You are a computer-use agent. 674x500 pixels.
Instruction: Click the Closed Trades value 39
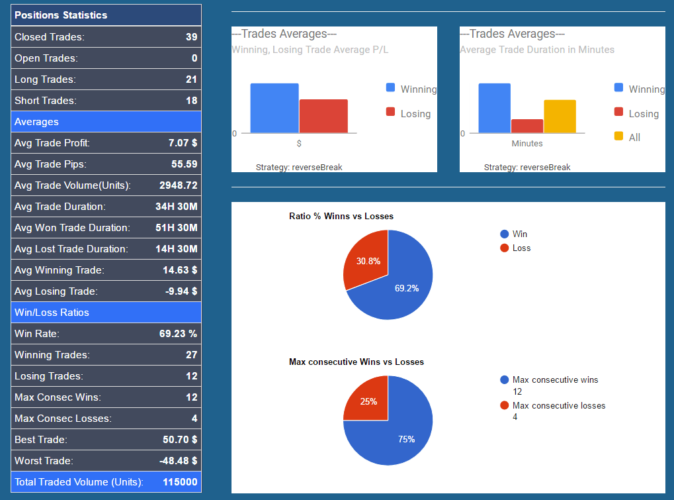(191, 37)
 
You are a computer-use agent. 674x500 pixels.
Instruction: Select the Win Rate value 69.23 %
(178, 334)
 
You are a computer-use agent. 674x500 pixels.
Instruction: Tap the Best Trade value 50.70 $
(180, 440)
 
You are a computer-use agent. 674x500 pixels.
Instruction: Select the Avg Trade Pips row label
(50, 164)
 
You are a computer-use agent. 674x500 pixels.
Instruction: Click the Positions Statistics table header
(61, 15)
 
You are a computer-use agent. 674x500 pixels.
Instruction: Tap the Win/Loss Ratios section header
(52, 313)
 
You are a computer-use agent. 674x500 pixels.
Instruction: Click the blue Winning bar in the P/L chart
(274, 109)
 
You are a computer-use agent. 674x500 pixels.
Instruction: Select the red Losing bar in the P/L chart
(323, 117)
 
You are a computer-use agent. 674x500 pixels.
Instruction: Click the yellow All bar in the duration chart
(560, 117)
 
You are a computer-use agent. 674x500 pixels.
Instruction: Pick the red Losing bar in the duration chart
(527, 126)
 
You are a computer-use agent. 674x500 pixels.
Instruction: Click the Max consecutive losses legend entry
(558, 406)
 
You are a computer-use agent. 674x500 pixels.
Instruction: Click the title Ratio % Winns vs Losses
(341, 217)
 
